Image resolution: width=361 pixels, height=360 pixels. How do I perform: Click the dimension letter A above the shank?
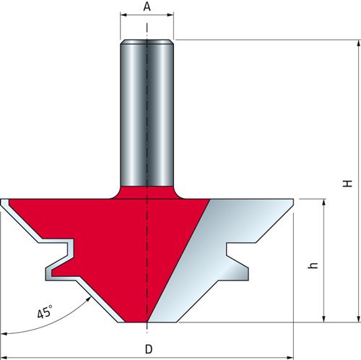tap(147, 7)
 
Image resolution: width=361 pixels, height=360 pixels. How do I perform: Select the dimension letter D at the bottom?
tap(149, 349)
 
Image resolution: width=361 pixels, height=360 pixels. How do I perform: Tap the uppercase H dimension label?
tap(347, 184)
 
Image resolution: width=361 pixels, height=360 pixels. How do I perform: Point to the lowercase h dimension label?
tap(313, 265)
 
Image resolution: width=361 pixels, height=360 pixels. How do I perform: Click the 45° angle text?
tap(45, 312)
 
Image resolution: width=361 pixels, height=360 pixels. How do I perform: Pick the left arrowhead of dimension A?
tap(123, 15)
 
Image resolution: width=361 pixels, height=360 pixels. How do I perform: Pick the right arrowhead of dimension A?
tap(170, 15)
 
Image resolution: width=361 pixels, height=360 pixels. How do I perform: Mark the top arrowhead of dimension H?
tap(358, 44)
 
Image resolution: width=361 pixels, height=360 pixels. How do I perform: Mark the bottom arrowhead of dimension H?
tap(358, 319)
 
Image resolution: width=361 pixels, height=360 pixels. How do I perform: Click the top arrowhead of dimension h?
tap(324, 202)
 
